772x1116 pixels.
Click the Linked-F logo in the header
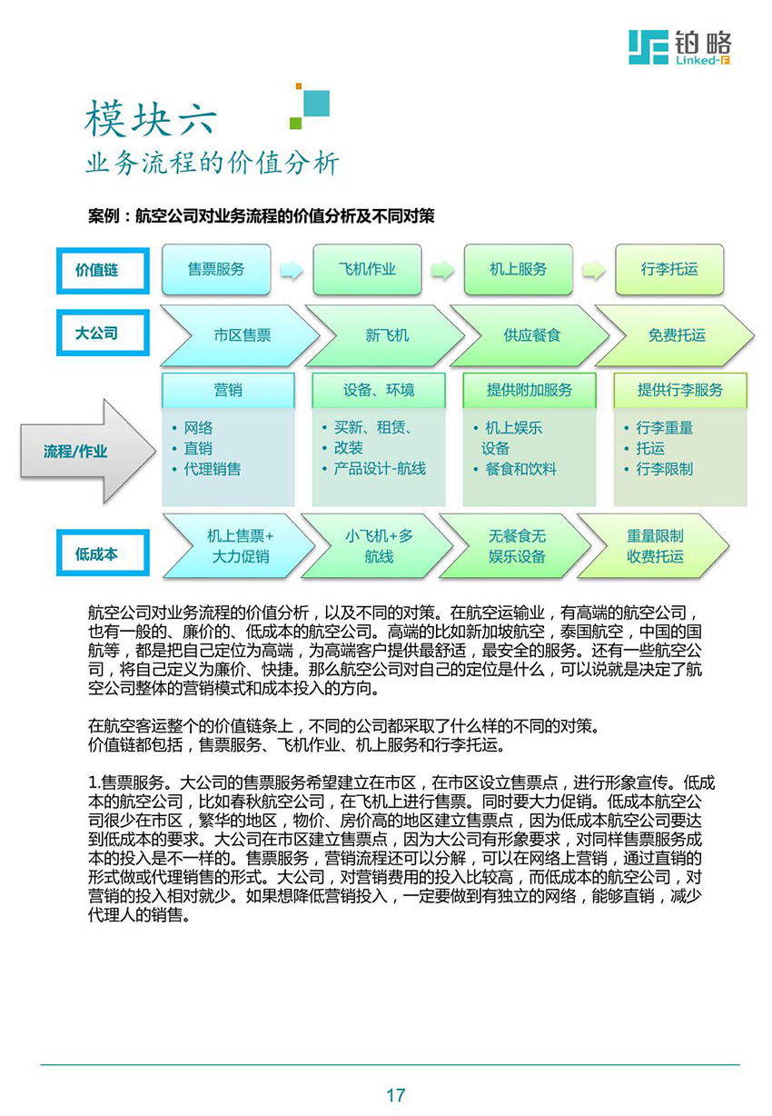click(679, 47)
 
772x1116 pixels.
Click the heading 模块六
click(151, 118)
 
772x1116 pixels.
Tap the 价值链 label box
click(103, 271)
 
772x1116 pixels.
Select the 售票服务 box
click(216, 270)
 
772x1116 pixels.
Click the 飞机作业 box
click(367, 270)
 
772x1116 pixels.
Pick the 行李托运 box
click(669, 270)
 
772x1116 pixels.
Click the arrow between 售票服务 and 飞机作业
click(292, 270)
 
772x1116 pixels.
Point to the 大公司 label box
click(103, 333)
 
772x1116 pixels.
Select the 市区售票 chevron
click(239, 335)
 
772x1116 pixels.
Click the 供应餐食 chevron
click(530, 335)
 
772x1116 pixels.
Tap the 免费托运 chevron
click(675, 335)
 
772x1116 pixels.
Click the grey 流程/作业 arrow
click(88, 451)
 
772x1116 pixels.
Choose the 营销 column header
click(228, 390)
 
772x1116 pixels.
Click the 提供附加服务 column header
click(530, 390)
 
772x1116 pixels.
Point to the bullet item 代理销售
click(213, 469)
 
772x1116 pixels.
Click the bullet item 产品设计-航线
click(379, 469)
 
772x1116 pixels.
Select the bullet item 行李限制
click(664, 469)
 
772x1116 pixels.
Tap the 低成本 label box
click(103, 553)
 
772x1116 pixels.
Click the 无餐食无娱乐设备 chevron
click(516, 546)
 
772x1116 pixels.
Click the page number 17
click(396, 1095)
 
